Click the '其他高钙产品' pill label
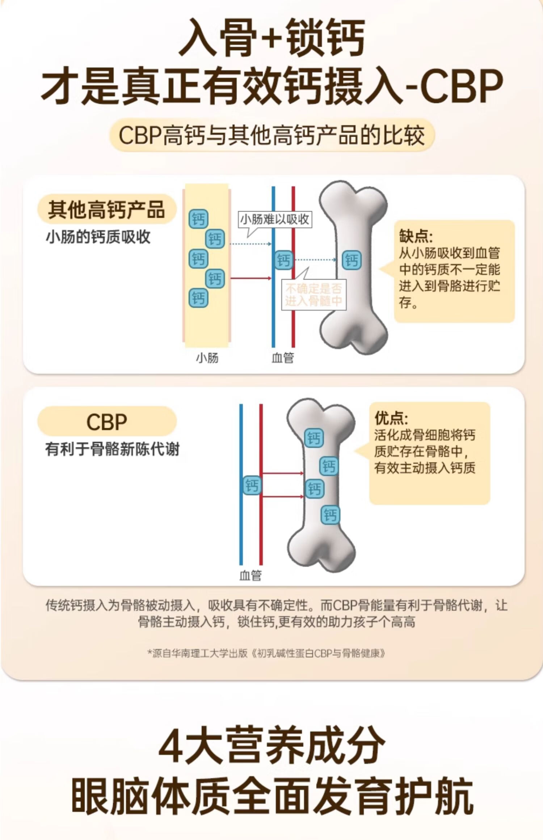106,209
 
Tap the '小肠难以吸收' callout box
274,220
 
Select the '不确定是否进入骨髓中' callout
313,294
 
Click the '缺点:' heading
416,236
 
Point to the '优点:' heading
391,418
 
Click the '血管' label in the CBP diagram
250,575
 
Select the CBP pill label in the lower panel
107,421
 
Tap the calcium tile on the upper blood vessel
283,260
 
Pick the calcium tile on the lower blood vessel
252,485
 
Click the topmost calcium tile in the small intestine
198,219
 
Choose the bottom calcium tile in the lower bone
330,515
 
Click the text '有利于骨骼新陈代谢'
112,449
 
